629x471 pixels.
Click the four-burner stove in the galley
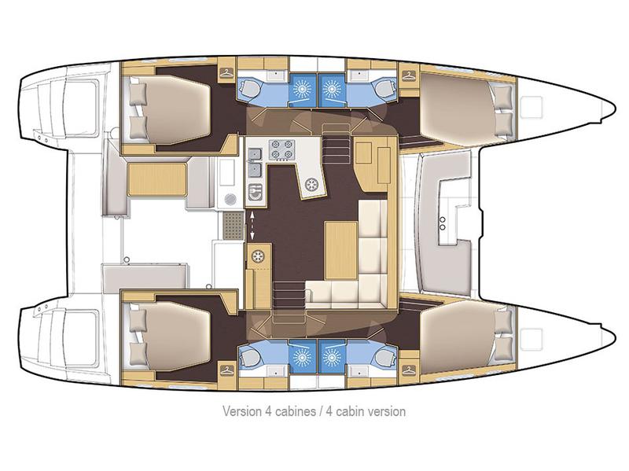pyautogui.click(x=281, y=148)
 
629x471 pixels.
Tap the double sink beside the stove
pyautogui.click(x=256, y=167)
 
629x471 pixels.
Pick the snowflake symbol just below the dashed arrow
pyautogui.click(x=257, y=255)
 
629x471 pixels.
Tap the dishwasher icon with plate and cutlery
pyautogui.click(x=255, y=189)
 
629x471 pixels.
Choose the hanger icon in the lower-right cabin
pyautogui.click(x=408, y=368)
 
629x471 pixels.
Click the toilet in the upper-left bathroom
pyautogui.click(x=250, y=87)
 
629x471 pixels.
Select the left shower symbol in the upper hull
pyautogui.click(x=303, y=89)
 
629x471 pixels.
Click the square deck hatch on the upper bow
pyautogui.click(x=534, y=103)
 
